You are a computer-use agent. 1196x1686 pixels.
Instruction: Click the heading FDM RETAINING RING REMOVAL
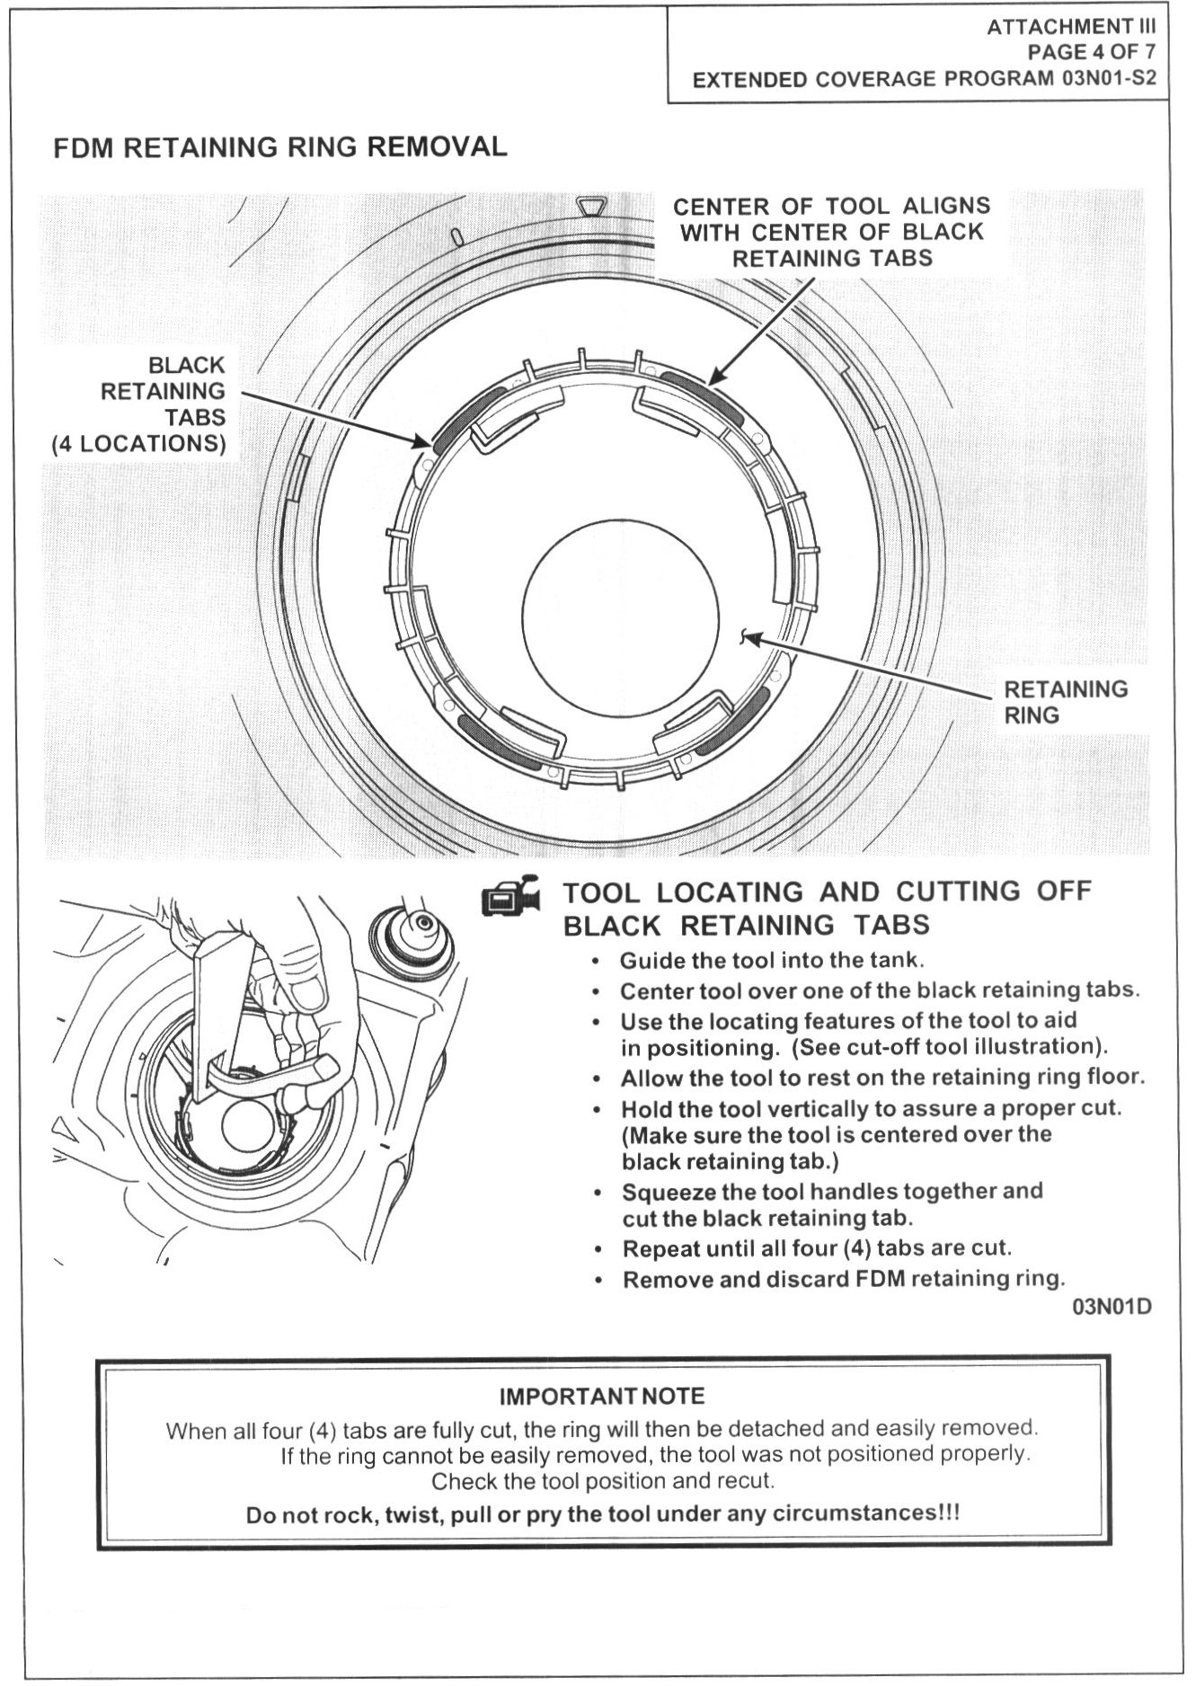279,146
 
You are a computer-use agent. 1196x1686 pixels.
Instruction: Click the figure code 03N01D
1112,1306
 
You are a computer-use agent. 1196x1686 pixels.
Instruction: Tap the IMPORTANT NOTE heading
602,1396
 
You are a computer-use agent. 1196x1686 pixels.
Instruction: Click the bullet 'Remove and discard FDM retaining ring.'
843,1278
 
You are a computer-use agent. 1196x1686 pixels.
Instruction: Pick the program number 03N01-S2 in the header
1109,78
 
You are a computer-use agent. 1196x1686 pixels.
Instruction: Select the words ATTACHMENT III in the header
1071,28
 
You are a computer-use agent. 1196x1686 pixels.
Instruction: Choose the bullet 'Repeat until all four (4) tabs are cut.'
817,1248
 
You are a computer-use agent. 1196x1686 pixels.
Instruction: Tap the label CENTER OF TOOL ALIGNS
831,206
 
